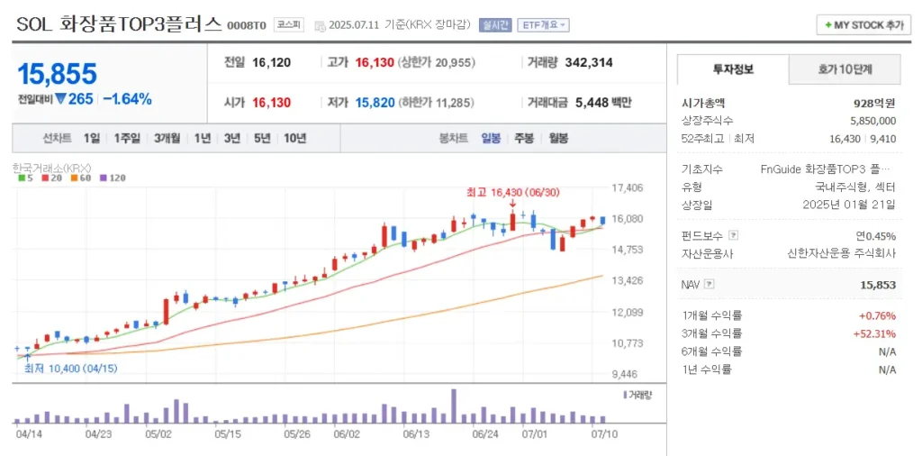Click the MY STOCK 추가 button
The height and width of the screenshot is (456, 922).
[x=863, y=25]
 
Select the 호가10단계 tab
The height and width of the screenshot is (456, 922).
[x=845, y=68]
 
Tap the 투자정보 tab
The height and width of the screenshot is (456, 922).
[x=733, y=68]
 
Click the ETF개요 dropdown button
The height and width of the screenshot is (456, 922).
[x=543, y=25]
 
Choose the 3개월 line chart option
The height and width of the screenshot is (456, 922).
[x=167, y=138]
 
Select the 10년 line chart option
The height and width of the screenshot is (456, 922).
[x=294, y=138]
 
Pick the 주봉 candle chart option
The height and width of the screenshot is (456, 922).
[x=524, y=138]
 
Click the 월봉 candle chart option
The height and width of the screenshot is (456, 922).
[x=558, y=138]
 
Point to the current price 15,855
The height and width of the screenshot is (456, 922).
[x=57, y=74]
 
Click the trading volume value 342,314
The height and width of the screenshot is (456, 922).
[x=589, y=62]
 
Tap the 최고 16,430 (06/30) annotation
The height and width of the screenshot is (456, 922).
[x=511, y=192]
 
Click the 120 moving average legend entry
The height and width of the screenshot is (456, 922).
[x=113, y=178]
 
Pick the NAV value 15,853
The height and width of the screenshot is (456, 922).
[x=878, y=285]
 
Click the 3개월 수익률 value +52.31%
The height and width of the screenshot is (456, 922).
[x=874, y=333]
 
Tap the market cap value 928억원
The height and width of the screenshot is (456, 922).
[x=875, y=104]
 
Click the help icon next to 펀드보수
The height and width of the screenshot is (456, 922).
[x=733, y=236]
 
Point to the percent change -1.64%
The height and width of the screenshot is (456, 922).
[x=127, y=99]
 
